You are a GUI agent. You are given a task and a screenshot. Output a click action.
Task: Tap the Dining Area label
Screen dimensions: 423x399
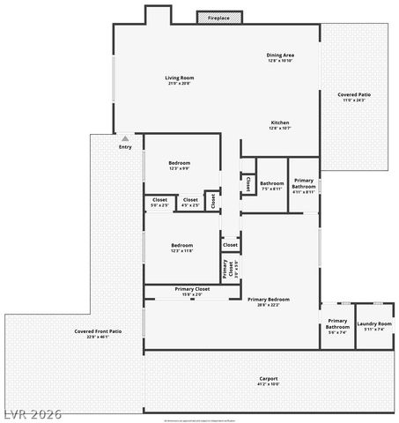tap(280, 58)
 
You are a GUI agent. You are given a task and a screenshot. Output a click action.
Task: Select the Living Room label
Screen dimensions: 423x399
tap(179, 80)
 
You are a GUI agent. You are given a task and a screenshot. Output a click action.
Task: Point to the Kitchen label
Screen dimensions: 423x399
tap(280, 125)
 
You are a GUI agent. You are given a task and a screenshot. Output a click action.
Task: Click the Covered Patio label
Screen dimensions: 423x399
tap(354, 97)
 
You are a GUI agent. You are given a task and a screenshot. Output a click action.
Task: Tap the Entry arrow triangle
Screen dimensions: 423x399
tap(125, 138)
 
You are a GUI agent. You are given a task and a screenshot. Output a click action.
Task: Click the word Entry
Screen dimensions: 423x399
tap(125, 147)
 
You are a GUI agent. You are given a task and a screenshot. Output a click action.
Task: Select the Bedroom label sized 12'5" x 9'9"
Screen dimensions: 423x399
tap(180, 165)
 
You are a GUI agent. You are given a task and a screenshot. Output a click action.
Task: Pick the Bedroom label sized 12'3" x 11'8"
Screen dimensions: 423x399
tap(181, 248)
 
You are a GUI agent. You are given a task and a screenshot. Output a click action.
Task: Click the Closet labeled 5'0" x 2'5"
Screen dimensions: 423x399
tap(159, 203)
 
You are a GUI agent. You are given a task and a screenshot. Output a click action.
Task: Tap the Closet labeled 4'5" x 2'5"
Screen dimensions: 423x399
tap(190, 203)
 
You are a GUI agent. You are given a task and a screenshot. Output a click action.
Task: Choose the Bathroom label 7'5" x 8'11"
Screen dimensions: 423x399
tap(271, 186)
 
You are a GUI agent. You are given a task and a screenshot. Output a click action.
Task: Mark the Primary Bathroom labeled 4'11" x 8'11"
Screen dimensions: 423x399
tap(304, 184)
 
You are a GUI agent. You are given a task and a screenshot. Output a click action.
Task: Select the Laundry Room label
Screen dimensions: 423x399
tap(374, 326)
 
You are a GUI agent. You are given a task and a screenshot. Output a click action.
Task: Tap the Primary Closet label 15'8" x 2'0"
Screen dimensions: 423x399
tap(192, 292)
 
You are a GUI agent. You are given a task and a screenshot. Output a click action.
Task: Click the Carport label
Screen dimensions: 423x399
tap(268, 381)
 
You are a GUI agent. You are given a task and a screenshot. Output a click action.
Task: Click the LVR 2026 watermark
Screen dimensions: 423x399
tap(31, 412)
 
